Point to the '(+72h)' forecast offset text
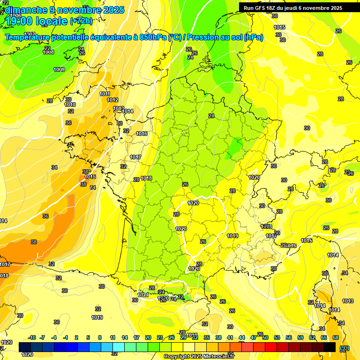(81, 21)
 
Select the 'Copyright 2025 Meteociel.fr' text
(196, 357)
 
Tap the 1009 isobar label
(59, 70)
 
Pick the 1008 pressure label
(48, 52)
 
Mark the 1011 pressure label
(105, 94)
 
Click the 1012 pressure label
(112, 100)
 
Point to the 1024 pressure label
(143, 295)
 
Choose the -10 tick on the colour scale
(32, 337)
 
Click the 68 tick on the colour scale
(336, 337)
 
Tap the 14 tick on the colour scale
(125, 337)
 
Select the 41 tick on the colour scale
(230, 337)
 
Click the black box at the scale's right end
(330, 347)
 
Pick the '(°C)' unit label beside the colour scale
(345, 348)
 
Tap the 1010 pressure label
(70, 105)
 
